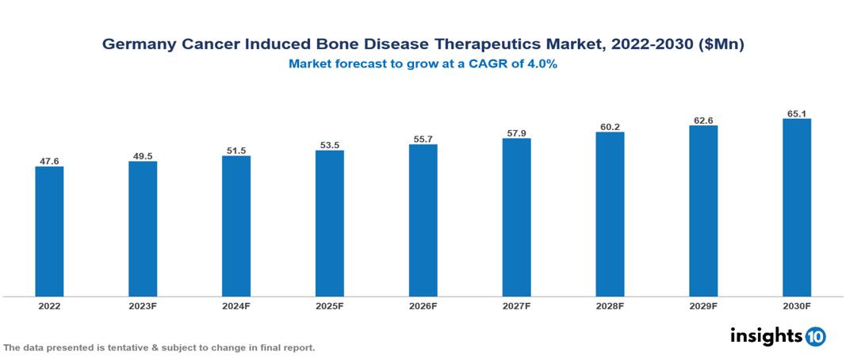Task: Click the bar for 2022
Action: (49, 232)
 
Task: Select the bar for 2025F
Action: (330, 224)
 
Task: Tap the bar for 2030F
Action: (797, 208)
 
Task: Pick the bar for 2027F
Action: (516, 218)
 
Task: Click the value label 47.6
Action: (49, 161)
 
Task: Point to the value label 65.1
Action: (797, 113)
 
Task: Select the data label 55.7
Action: (423, 139)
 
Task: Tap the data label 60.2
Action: (611, 126)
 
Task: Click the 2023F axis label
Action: (143, 305)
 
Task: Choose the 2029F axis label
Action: (703, 305)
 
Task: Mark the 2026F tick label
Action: (423, 305)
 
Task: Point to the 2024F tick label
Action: (236, 305)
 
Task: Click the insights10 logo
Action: (778, 336)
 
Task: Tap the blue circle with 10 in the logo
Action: (815, 337)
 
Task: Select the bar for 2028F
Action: (611, 214)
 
